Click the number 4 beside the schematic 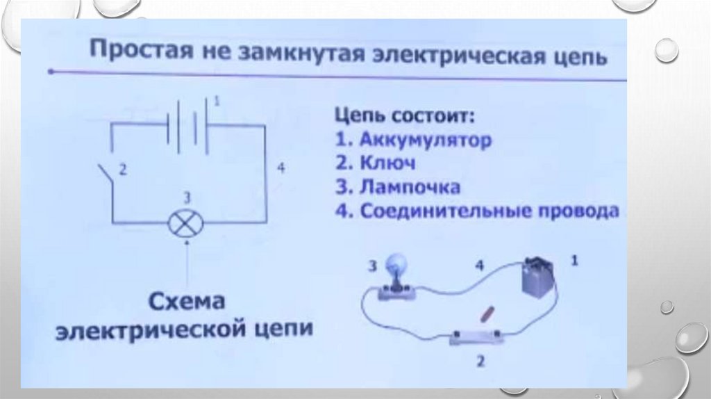279,168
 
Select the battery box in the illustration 538,277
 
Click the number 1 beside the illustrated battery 574,261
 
